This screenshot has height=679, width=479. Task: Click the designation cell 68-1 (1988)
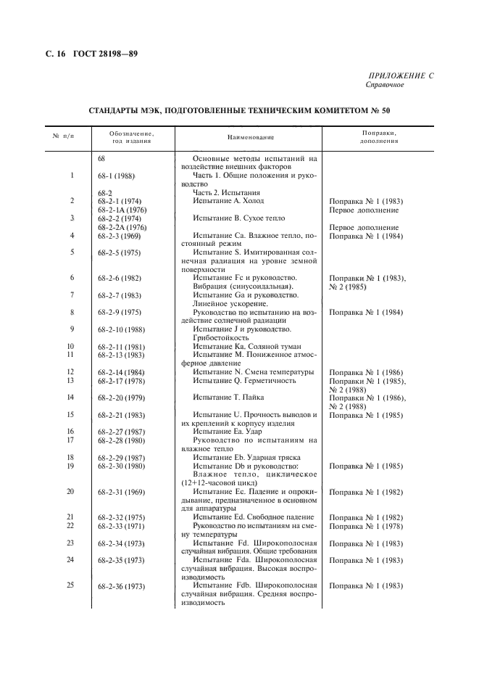(x=117, y=176)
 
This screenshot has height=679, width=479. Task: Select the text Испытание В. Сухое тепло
(x=238, y=218)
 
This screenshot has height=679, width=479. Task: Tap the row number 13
(x=71, y=380)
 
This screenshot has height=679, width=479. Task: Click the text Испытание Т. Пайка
(x=228, y=397)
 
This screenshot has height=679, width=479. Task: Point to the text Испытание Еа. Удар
(x=230, y=431)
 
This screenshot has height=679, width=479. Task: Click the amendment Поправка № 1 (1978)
(x=366, y=525)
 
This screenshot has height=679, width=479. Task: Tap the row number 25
(x=71, y=585)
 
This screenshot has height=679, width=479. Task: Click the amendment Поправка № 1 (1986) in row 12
(x=366, y=372)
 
